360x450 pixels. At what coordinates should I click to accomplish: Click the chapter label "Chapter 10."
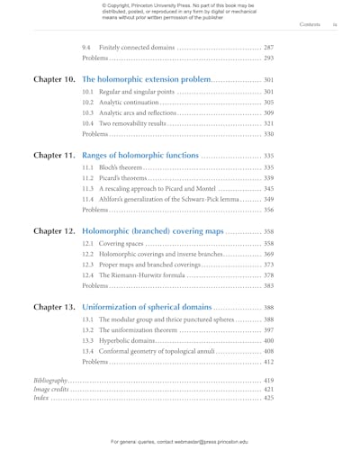(x=55, y=79)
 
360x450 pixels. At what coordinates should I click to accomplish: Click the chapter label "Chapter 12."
(x=55, y=231)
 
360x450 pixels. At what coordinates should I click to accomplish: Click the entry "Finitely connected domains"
(x=136, y=47)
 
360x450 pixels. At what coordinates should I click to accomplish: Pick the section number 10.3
(x=87, y=113)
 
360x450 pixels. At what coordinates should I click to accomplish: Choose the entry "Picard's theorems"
(x=122, y=178)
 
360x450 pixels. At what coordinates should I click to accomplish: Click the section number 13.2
(x=87, y=330)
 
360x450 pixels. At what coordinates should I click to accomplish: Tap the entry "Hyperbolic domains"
(x=126, y=341)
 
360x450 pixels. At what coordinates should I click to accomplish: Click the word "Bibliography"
(x=50, y=381)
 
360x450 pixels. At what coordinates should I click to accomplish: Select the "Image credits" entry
(x=51, y=389)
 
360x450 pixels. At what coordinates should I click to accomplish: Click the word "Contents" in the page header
(x=310, y=25)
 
